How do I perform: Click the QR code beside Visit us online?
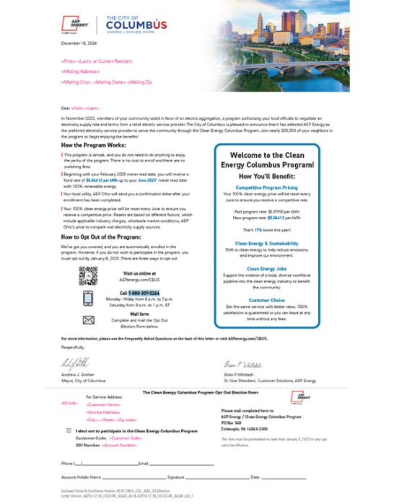click(88, 275)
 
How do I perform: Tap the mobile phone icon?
click(88, 299)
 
